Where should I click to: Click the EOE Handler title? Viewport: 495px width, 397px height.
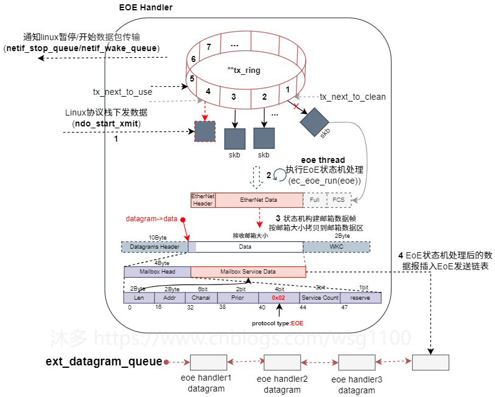[146, 7]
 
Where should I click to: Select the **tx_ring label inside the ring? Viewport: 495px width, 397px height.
[244, 71]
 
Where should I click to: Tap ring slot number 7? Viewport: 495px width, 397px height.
[209, 47]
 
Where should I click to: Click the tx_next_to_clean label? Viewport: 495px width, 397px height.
[353, 97]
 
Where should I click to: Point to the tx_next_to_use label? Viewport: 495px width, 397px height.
[122, 92]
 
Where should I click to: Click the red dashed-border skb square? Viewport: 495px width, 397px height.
[205, 131]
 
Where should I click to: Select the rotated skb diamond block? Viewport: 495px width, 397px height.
[314, 122]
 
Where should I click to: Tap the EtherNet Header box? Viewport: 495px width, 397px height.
[202, 199]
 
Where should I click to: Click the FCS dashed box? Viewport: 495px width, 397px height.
[338, 199]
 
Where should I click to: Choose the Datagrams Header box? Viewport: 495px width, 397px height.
[155, 247]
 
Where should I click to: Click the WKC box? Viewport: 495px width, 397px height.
[336, 247]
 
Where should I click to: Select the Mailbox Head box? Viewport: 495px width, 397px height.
[157, 272]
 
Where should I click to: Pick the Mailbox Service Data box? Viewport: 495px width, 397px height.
[248, 272]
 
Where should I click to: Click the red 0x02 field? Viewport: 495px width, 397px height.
[278, 298]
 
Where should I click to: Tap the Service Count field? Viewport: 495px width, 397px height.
[320, 298]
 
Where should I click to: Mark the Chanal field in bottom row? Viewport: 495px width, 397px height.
[201, 298]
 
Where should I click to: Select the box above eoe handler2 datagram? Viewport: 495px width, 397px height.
[282, 363]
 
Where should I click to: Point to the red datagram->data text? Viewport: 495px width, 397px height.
[151, 218]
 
